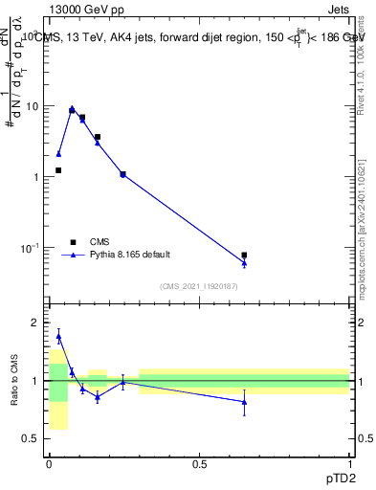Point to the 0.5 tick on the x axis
click(x=199, y=463)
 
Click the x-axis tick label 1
click(x=350, y=463)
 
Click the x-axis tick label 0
click(x=49, y=463)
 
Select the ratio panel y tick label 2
click(x=36, y=323)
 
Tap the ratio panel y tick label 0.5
click(x=32, y=438)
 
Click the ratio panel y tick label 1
click(x=36, y=381)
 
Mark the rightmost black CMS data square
click(x=244, y=256)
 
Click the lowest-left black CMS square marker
click(x=58, y=170)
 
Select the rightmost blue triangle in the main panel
click(x=244, y=263)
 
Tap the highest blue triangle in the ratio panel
click(x=58, y=336)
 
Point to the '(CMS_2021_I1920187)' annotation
click(x=198, y=286)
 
